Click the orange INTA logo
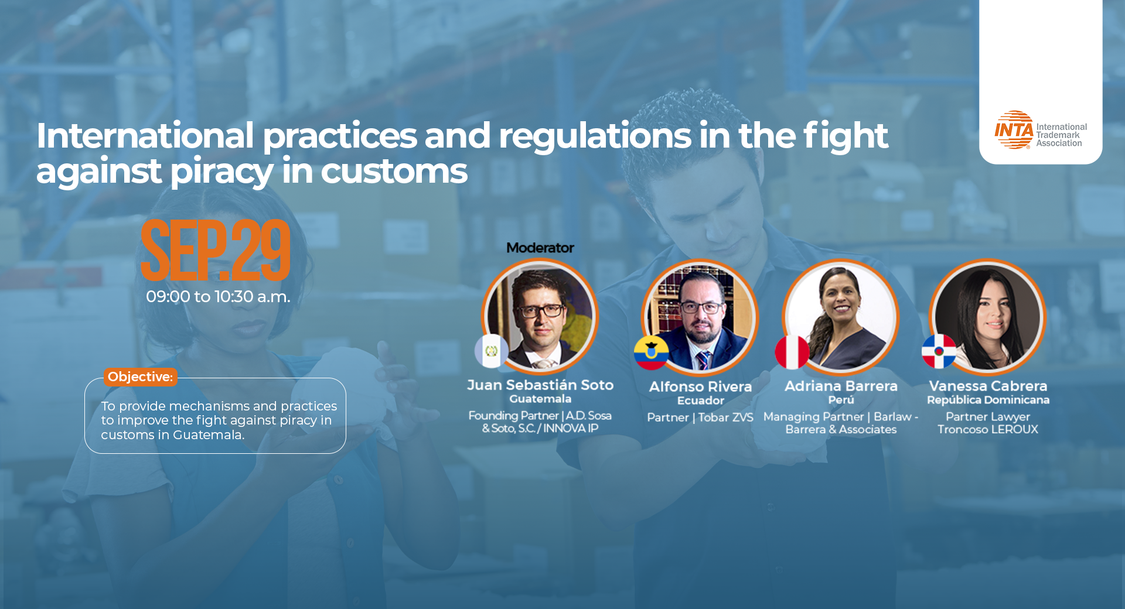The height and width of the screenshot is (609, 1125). click(1014, 130)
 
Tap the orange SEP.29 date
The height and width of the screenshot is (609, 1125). click(216, 250)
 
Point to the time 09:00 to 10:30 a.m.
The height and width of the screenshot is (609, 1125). click(218, 297)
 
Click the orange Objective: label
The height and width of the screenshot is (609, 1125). click(141, 377)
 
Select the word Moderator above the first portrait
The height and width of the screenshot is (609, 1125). click(540, 248)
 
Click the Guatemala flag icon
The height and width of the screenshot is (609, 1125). click(492, 351)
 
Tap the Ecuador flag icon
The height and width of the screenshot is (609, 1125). click(651, 353)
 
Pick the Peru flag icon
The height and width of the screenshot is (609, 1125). click(792, 352)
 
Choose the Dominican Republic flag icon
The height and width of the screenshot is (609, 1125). click(939, 351)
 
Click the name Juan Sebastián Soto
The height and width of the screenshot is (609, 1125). click(540, 385)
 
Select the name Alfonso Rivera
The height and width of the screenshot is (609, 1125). click(701, 386)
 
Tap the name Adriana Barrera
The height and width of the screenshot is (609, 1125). click(841, 386)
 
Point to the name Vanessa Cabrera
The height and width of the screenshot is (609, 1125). click(988, 386)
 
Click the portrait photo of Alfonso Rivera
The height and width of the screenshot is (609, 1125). click(700, 317)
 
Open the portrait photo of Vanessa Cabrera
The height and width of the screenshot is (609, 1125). click(988, 317)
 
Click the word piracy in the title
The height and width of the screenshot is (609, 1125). click(222, 172)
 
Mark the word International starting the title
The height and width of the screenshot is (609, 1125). click(145, 136)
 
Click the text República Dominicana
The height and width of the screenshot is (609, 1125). click(988, 400)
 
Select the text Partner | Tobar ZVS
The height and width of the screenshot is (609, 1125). click(700, 418)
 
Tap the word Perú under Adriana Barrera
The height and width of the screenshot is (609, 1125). click(841, 400)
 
